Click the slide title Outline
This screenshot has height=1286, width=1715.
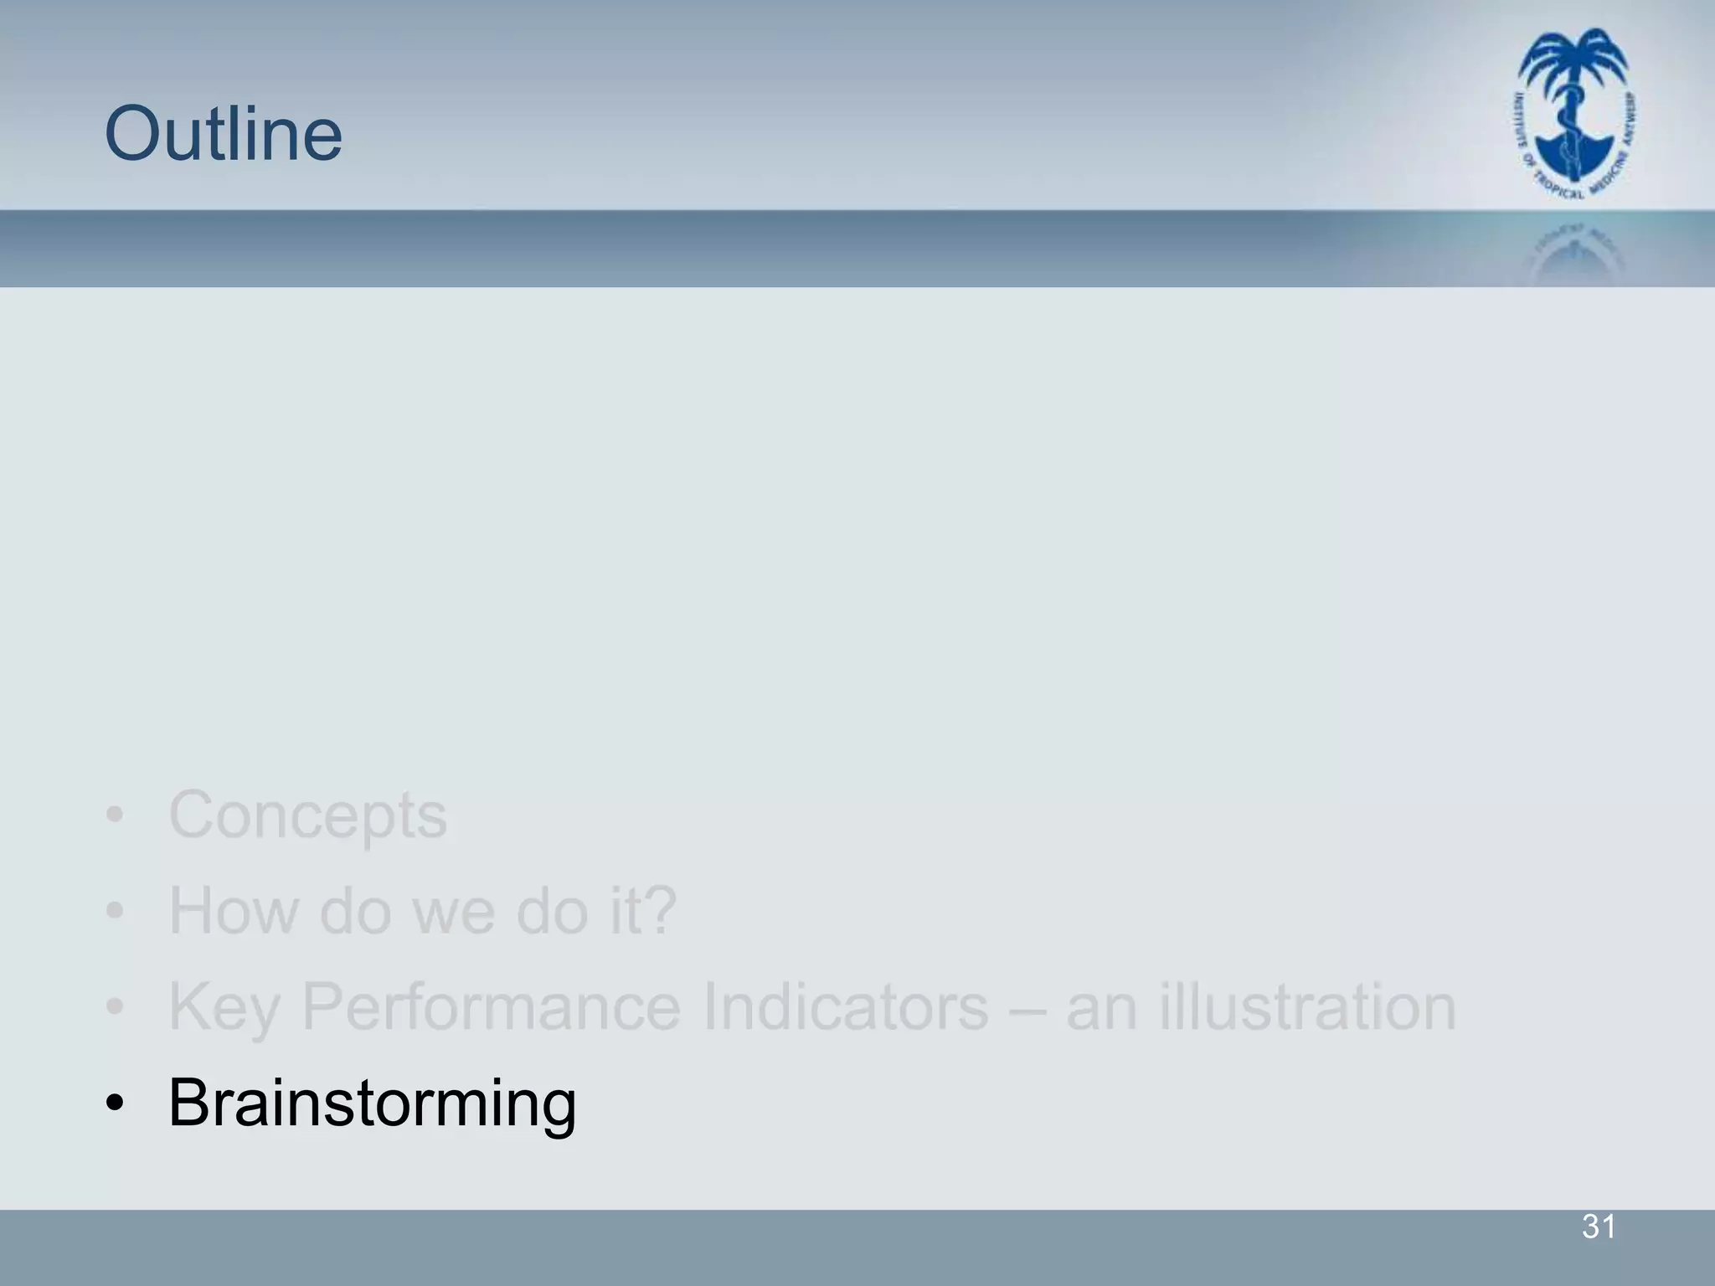pos(224,134)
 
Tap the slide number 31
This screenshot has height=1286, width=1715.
pos(1598,1227)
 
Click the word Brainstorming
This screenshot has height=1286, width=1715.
pos(372,1103)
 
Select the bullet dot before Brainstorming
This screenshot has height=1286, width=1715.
pos(116,1103)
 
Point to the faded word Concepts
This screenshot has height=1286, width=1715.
pos(307,815)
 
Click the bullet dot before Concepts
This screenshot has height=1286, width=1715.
pos(116,815)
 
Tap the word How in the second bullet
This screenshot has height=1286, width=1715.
pos(233,911)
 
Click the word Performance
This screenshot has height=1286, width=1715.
pos(491,1006)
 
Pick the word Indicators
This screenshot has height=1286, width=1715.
pos(846,1006)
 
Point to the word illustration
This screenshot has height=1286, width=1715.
pos(1308,1006)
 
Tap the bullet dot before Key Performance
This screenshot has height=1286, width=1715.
pos(116,1007)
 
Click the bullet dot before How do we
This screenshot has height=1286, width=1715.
pos(116,912)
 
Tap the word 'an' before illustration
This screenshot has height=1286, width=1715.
pos(1101,1008)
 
